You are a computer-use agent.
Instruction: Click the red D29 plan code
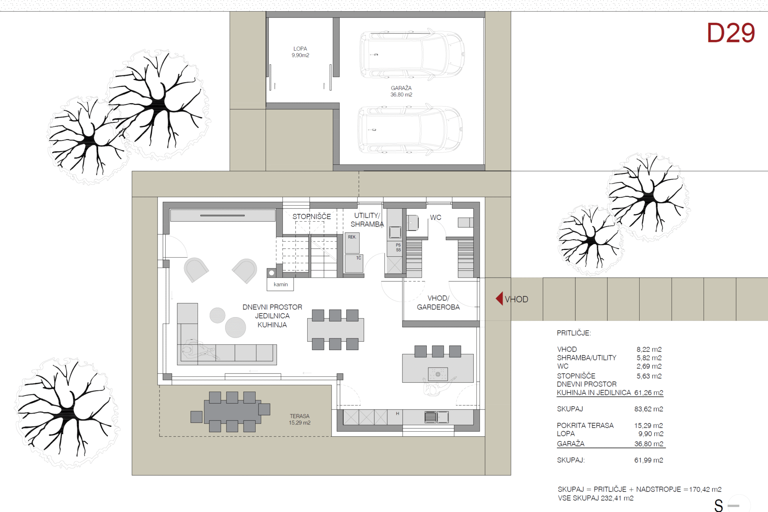(731, 33)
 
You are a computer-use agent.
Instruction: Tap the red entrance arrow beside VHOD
(499, 298)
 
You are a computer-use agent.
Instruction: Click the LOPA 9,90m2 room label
(300, 52)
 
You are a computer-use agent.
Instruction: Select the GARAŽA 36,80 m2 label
(401, 91)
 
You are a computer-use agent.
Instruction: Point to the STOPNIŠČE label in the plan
(312, 216)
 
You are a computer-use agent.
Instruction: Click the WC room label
(436, 217)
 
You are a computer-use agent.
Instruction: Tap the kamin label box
(280, 284)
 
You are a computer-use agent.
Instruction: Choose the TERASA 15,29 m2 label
(300, 419)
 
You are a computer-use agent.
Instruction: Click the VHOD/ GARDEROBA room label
(438, 302)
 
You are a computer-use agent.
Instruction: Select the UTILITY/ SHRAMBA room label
(367, 220)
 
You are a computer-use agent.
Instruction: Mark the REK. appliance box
(352, 243)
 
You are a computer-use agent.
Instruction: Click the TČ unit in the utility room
(354, 264)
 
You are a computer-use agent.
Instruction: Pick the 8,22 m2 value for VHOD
(649, 349)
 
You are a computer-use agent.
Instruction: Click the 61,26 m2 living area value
(649, 393)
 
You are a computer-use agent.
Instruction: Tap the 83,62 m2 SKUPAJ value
(649, 409)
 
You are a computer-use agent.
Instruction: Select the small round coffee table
(218, 315)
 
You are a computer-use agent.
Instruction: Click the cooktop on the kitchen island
(438, 374)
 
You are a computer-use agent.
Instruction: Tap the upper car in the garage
(412, 54)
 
